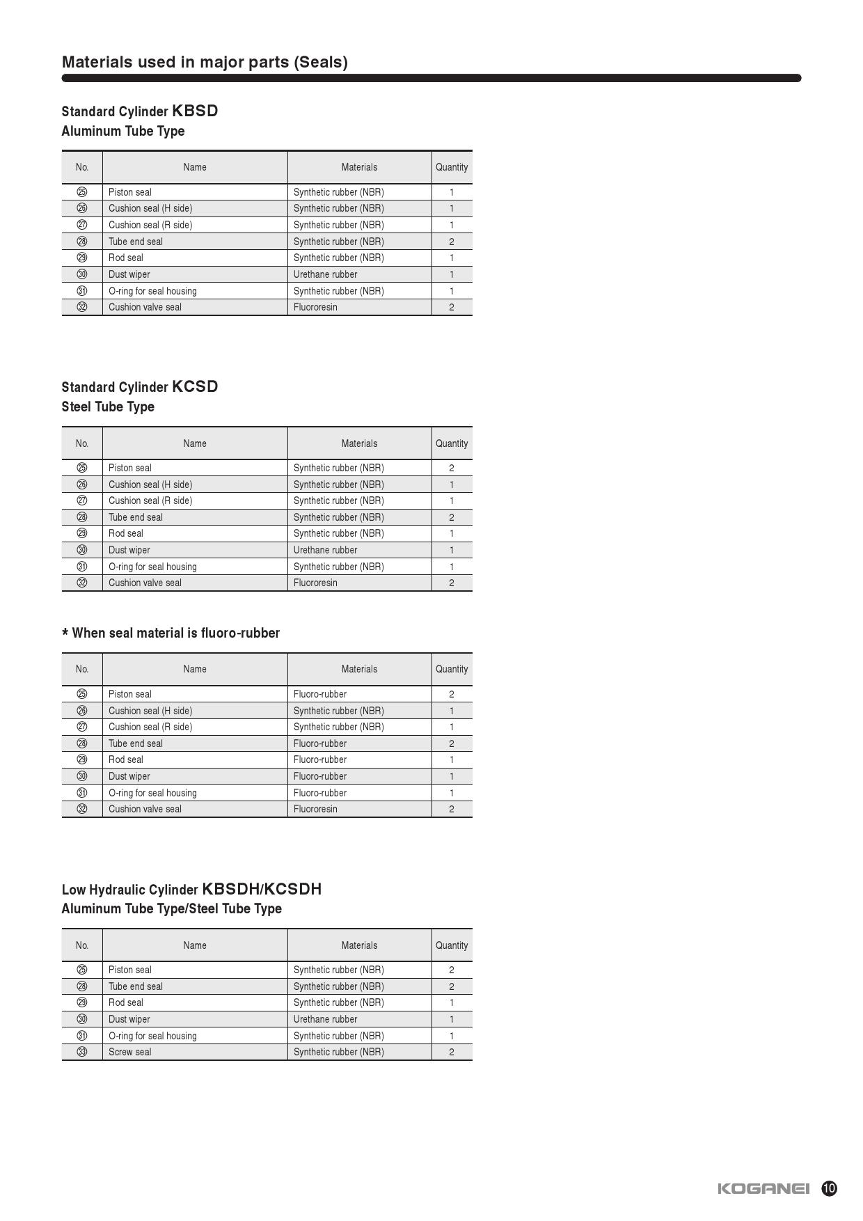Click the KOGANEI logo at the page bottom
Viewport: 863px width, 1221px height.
[763, 1188]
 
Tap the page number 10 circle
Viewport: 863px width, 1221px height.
[829, 1188]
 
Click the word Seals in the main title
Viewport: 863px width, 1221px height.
[320, 62]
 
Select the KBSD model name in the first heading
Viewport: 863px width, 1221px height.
[195, 111]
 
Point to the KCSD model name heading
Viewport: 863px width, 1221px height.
[195, 386]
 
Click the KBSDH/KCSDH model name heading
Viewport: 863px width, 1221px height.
[262, 889]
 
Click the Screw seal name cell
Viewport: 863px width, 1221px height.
[130, 1052]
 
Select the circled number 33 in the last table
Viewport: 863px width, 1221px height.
[82, 1052]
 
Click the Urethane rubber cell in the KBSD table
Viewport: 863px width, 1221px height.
[325, 274]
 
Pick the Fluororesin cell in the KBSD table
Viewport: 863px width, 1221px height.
[315, 307]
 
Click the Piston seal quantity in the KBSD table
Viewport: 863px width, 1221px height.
[452, 192]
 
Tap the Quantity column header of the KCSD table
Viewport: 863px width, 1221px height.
[452, 443]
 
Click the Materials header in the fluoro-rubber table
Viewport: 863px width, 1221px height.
[359, 669]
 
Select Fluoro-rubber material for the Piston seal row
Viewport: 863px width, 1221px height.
[320, 694]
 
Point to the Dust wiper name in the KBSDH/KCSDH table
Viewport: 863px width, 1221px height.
[129, 1019]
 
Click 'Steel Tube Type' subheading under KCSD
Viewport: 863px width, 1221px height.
[108, 407]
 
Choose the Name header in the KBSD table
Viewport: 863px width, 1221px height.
[195, 167]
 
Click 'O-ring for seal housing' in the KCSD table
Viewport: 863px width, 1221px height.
[152, 567]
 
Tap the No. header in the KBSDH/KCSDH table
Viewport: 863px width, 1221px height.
[82, 945]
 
